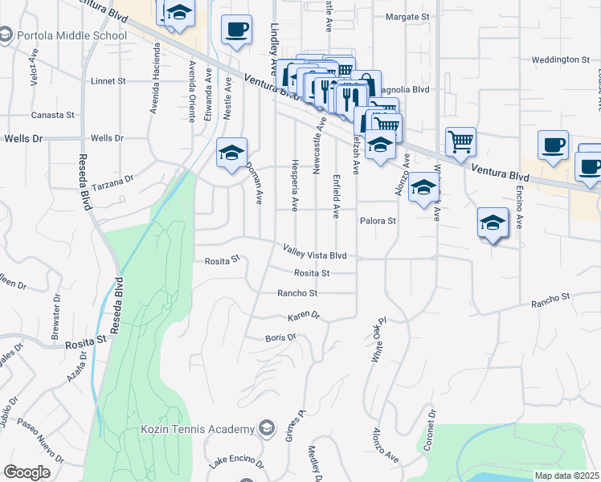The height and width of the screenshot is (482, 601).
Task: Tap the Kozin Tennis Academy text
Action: coord(196,429)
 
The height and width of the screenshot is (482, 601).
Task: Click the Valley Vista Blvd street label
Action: coord(314,255)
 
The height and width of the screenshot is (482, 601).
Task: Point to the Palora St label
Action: coord(378,221)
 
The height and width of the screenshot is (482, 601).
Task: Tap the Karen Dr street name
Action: coord(304,316)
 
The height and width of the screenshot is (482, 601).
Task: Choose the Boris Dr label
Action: coord(280,337)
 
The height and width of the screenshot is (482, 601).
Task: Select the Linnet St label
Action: coord(109,81)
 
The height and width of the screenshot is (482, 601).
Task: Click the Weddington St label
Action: coord(561,60)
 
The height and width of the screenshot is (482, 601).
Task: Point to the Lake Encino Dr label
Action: coord(236,464)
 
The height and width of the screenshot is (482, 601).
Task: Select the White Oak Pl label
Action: coord(379,343)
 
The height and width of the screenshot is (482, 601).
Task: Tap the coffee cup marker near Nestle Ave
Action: coord(236,30)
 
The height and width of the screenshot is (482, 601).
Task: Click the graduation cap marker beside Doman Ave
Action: coord(231,153)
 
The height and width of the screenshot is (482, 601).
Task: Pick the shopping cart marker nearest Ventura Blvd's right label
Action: coord(460,141)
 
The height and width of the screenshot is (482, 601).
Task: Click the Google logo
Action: coord(27,472)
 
